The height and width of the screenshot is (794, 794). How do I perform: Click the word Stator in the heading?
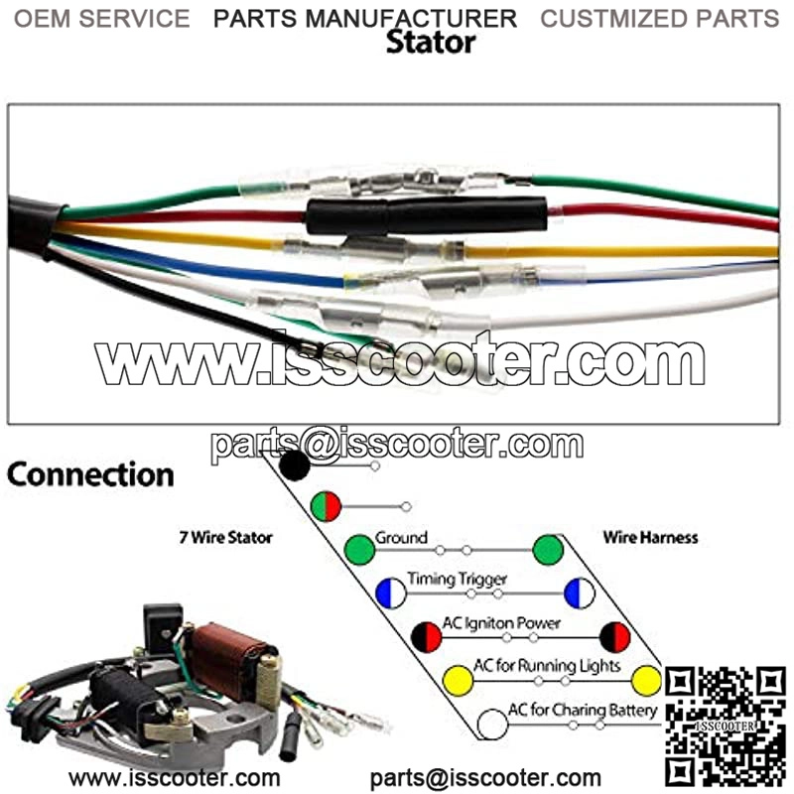[x=430, y=43]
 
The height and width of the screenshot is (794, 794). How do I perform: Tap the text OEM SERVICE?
[x=102, y=18]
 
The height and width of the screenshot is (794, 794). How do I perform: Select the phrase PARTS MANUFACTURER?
[x=365, y=18]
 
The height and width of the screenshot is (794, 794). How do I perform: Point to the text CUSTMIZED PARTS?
[x=660, y=18]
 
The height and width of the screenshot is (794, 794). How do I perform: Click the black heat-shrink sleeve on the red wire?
[x=427, y=215]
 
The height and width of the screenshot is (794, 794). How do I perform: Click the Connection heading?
[x=90, y=474]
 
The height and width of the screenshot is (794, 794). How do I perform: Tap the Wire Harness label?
[x=650, y=537]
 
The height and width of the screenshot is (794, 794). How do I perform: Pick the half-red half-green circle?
[x=326, y=506]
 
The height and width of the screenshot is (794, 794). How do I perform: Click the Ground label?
[x=401, y=538]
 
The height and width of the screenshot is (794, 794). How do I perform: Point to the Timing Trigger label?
[x=458, y=580]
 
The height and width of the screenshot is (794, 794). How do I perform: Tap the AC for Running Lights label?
[x=547, y=665]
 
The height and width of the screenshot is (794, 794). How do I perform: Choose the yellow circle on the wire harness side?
[x=646, y=680]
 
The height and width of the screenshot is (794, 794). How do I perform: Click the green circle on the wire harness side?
[x=547, y=549]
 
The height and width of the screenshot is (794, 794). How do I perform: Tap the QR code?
[x=725, y=725]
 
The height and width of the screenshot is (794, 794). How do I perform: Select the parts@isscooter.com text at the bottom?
[x=485, y=777]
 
